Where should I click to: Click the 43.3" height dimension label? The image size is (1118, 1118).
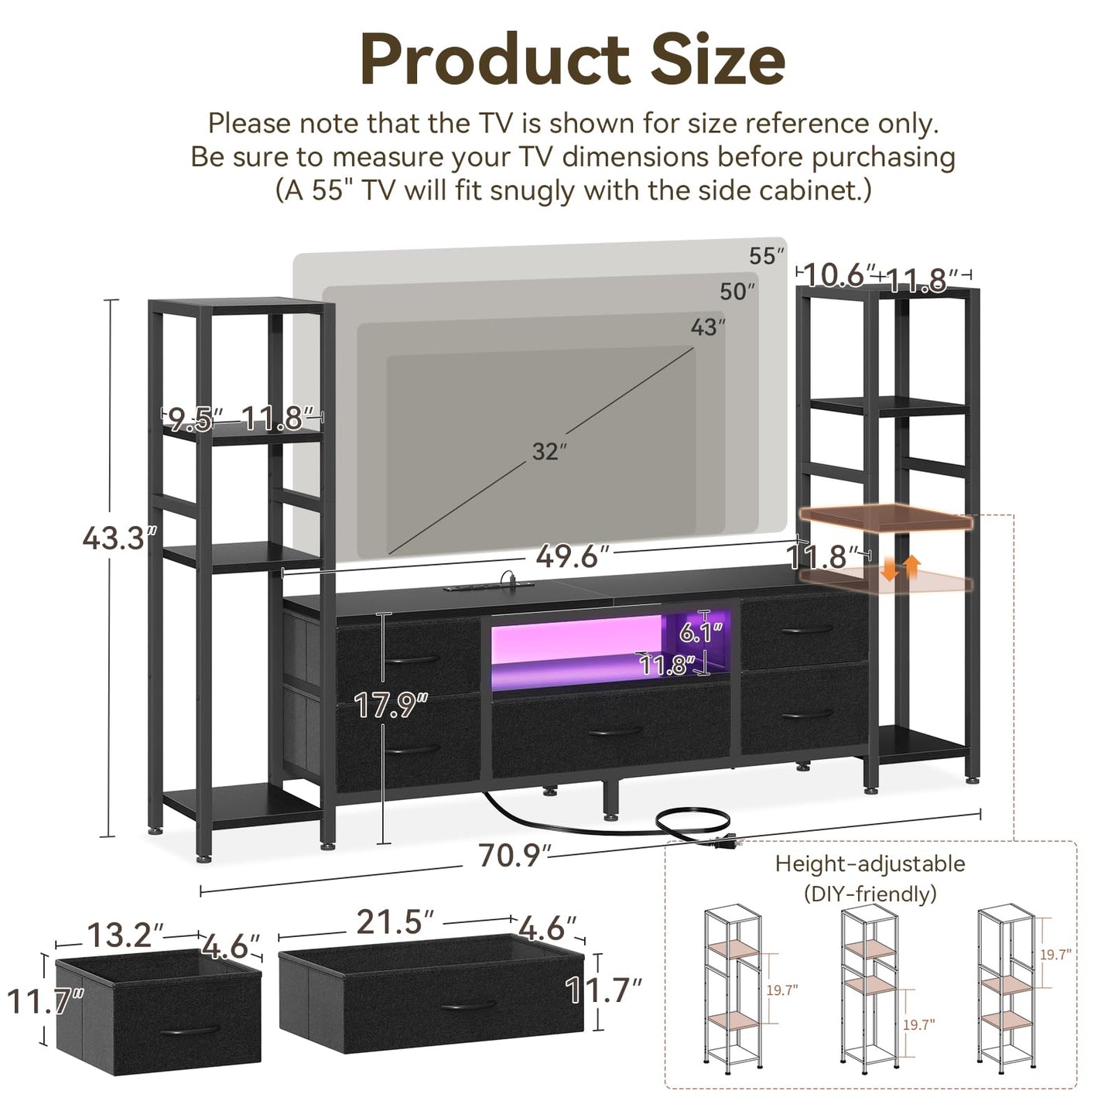(114, 538)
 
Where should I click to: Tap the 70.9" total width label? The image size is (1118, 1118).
(515, 856)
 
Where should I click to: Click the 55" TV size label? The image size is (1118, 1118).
(766, 256)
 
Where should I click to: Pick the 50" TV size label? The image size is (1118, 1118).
(737, 292)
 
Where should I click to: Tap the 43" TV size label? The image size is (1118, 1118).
(707, 327)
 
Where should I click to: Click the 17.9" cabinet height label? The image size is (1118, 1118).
(391, 705)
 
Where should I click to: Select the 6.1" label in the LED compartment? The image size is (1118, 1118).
(700, 633)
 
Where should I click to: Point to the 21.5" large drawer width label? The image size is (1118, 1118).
(395, 921)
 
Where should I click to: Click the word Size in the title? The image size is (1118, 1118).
(717, 60)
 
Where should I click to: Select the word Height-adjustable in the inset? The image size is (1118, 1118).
(870, 863)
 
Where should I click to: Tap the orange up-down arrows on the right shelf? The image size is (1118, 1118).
(901, 567)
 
